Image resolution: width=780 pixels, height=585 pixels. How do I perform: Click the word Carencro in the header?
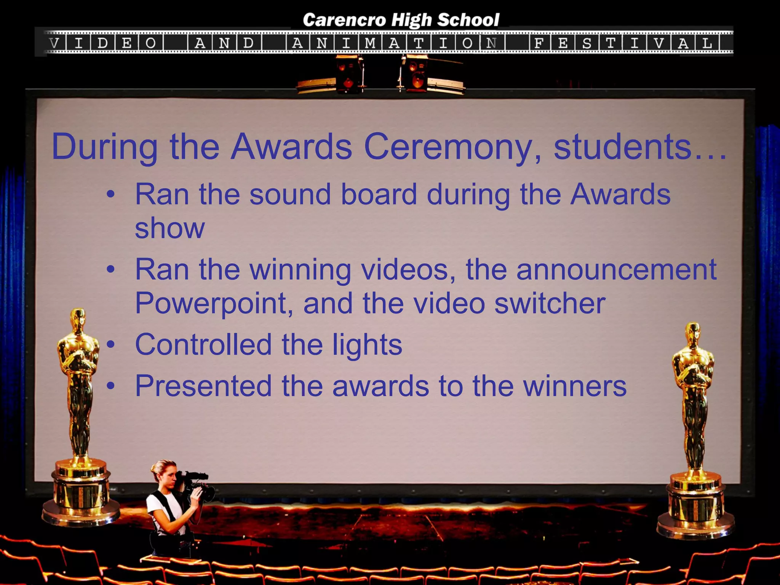tap(344, 20)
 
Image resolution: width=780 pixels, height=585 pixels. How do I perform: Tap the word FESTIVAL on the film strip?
tap(625, 43)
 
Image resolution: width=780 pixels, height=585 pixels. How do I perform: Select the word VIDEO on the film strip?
tap(103, 43)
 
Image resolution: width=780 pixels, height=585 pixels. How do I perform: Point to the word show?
tap(170, 229)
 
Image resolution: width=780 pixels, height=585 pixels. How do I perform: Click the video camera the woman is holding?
tap(198, 486)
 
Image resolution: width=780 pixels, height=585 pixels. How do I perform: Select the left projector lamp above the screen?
tap(348, 75)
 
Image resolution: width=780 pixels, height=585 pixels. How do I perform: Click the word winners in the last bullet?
tap(575, 386)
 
